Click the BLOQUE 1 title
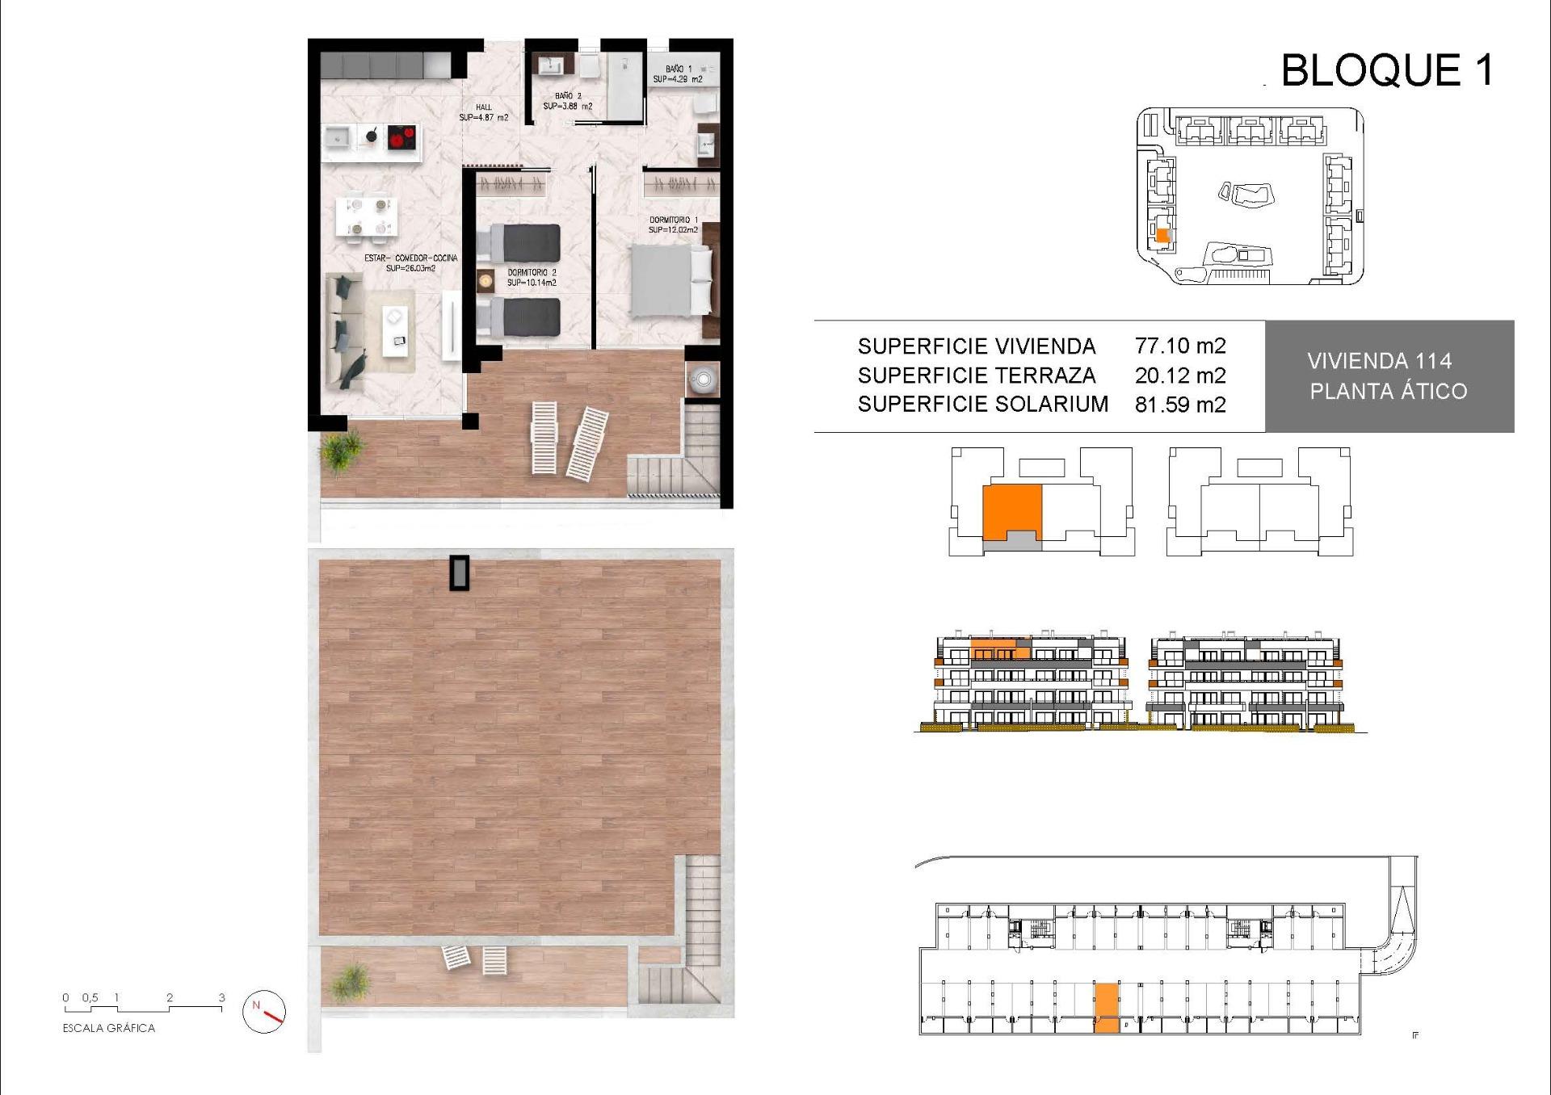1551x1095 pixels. coord(1386,70)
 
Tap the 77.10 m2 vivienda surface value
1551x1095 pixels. coord(1179,346)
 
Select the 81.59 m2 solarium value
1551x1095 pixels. coord(1179,405)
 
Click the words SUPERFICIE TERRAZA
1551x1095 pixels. coord(976,375)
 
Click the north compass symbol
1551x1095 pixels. coord(264,1011)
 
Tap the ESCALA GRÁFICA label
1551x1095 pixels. coord(109,1028)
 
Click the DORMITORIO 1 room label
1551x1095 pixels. coord(673,224)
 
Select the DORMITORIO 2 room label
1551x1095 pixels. coord(532,278)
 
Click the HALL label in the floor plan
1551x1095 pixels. coord(483,112)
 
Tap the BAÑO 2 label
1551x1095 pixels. coord(567,101)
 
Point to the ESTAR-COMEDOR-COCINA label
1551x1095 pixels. coord(410,262)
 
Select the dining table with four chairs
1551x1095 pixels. coord(367,218)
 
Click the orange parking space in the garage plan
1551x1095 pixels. coord(1106,1008)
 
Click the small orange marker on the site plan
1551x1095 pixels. coord(1162,236)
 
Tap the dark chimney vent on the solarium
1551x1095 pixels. coord(460,573)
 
